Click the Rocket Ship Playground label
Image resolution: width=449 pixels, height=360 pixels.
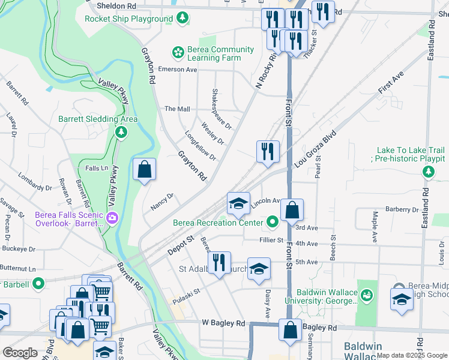pos(128,19)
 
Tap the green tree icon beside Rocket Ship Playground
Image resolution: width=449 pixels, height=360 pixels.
pos(182,19)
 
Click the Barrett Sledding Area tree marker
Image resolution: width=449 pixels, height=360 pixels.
pos(121,131)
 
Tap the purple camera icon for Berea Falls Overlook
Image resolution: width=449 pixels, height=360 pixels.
pos(112,219)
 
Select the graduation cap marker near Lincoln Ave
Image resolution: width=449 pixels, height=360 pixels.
pos(238,203)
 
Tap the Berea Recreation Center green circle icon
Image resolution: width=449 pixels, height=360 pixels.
pos(273,223)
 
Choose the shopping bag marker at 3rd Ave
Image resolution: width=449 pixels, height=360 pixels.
pos(292,211)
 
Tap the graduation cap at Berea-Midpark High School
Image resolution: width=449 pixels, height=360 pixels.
pos(402,299)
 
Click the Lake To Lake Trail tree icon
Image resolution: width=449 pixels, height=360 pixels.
pos(428,173)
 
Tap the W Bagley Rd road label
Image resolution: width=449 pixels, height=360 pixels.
pos(224,323)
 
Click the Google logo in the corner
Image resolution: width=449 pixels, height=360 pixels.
pos(20,353)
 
